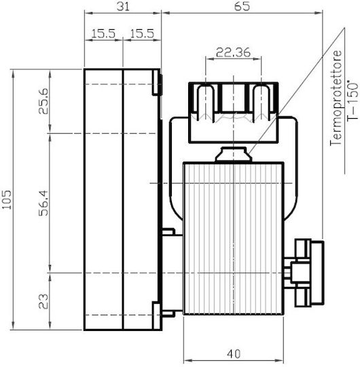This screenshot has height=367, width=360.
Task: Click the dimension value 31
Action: click(123, 7)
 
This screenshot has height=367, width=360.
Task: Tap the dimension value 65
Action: click(242, 6)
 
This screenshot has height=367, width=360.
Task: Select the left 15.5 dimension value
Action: click(103, 34)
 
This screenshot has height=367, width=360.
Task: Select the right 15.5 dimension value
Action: click(142, 34)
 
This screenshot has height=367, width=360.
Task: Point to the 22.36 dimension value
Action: click(233, 52)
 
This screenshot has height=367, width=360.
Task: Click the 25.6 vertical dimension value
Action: click(43, 101)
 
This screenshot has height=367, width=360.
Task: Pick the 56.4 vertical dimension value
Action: click(43, 203)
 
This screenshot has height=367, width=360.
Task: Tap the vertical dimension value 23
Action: click(43, 302)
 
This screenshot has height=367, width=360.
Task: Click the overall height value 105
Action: click(7, 200)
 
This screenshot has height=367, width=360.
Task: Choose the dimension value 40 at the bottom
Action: click(234, 354)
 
